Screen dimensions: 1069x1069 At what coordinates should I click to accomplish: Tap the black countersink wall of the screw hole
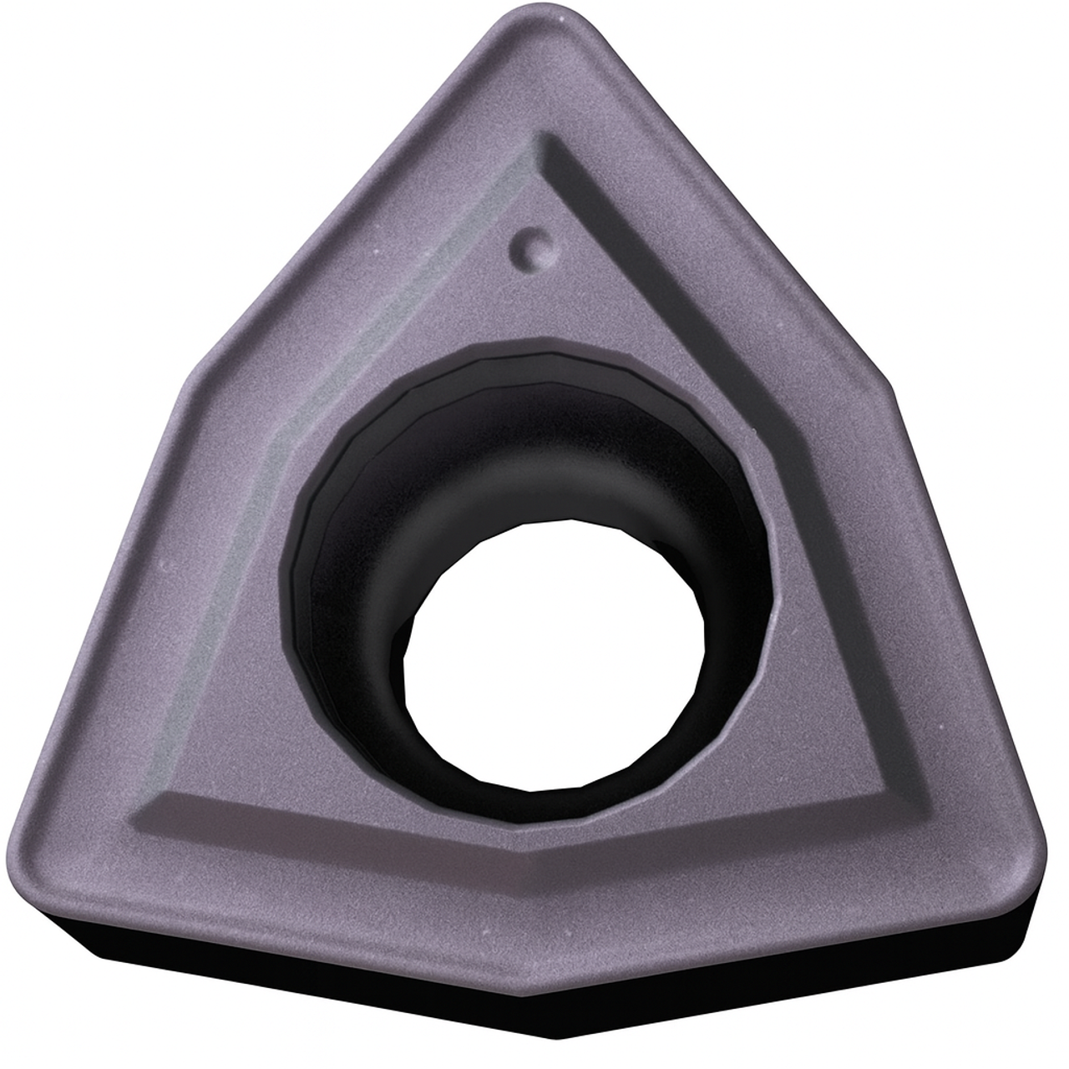tap(351, 534)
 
